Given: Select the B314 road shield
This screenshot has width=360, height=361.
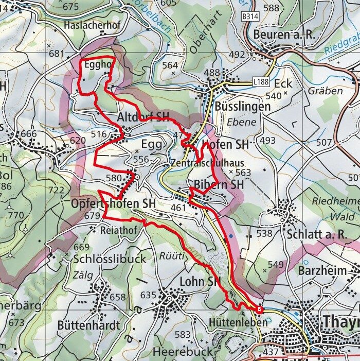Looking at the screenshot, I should tap(249, 17).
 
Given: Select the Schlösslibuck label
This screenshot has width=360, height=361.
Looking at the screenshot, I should tap(110, 259).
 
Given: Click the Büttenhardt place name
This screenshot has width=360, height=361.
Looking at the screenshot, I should tap(88, 325).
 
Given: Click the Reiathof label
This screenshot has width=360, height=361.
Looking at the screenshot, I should tap(119, 230).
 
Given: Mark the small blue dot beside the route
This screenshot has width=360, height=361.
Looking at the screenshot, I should tap(231, 236).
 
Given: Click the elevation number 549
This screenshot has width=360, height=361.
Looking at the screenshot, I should tap(276, 265).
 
